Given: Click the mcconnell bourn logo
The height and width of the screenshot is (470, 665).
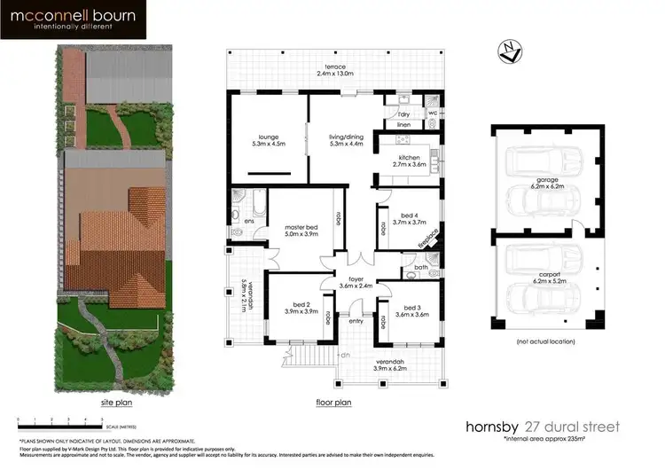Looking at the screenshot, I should (59, 19).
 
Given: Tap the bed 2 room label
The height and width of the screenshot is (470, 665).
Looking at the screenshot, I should (300, 309).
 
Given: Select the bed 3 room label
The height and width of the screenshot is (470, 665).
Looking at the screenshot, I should (411, 309).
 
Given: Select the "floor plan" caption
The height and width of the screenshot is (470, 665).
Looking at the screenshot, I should (334, 401).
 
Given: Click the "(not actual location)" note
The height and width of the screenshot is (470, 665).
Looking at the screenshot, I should (546, 341).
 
